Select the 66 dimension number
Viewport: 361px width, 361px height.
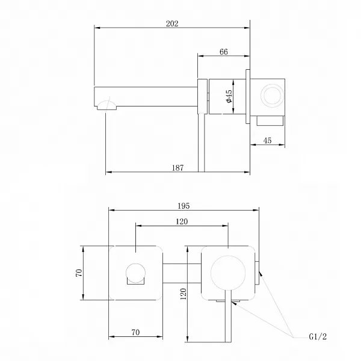pos(223,52)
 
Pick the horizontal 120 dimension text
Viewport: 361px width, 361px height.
pos(182,221)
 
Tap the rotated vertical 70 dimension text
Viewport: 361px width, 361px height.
pos(79,273)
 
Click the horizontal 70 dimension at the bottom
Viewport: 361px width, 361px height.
pos(135,331)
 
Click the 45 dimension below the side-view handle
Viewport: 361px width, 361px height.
pos(267,141)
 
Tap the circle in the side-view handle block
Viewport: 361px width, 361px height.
pos(272,96)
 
